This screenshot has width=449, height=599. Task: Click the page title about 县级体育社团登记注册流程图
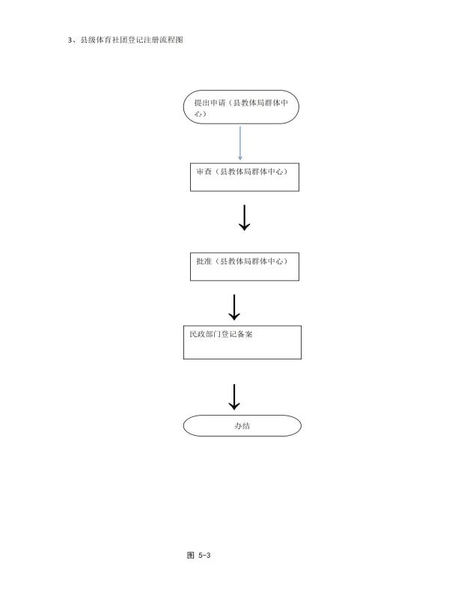[126, 40]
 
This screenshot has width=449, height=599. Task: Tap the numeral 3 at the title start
[70, 40]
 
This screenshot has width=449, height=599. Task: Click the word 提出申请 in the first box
[210, 103]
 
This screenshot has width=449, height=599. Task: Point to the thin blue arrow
[240, 143]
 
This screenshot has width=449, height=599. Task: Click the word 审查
[204, 172]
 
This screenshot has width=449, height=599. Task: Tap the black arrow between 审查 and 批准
[245, 218]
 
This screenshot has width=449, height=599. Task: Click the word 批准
[204, 261]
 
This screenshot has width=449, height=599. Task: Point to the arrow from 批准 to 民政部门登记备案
[234, 307]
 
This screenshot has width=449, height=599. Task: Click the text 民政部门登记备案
[221, 334]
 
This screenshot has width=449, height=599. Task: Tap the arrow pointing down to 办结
[234, 398]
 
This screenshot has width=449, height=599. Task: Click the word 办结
[242, 426]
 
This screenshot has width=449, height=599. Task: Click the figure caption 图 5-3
[199, 555]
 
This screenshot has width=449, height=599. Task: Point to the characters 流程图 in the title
[171, 40]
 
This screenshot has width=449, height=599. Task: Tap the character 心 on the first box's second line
[198, 114]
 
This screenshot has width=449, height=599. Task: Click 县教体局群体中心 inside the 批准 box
[252, 261]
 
